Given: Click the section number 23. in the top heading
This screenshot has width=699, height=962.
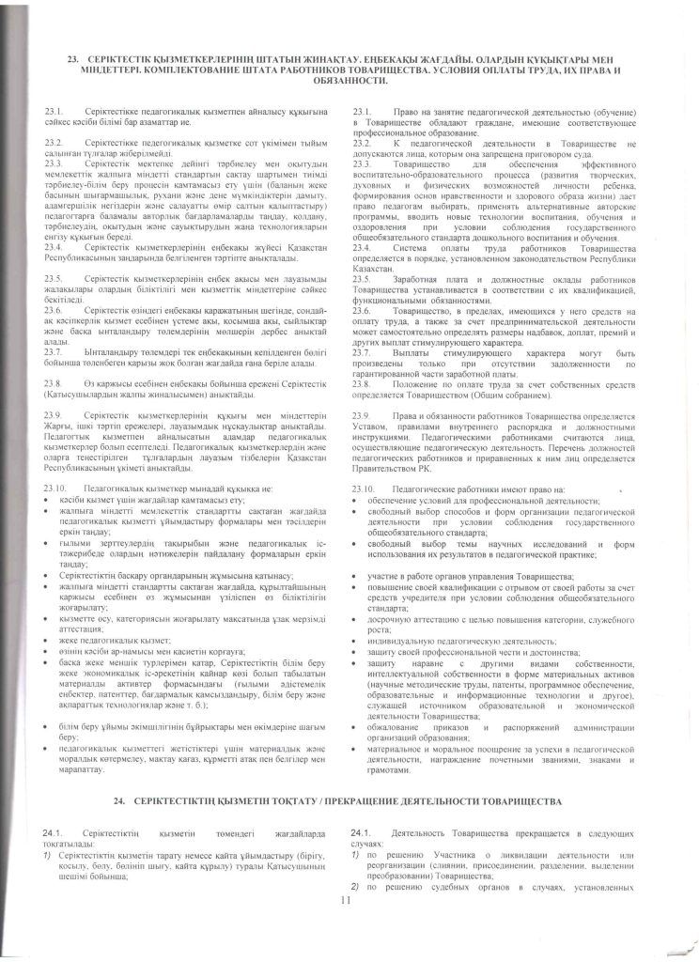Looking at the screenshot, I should pos(77,57).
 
